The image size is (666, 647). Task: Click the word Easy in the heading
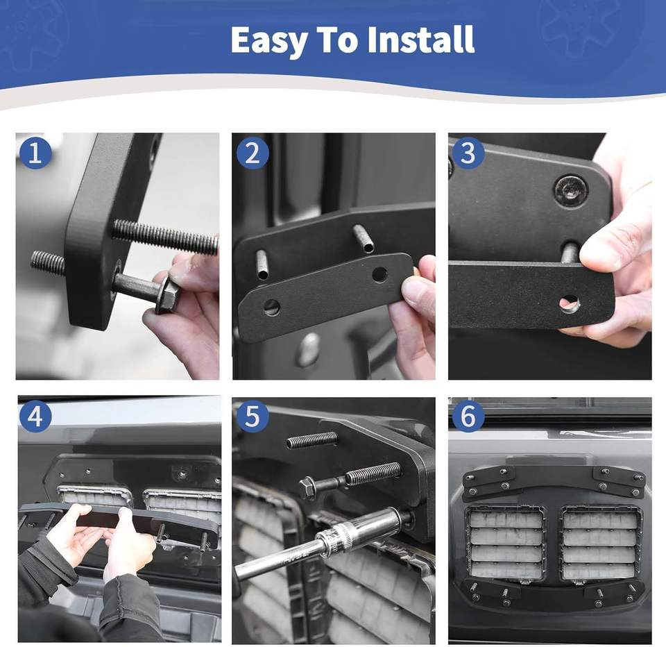tap(268, 40)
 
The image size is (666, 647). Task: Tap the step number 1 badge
tap(35, 153)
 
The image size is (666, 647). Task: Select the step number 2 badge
tap(253, 153)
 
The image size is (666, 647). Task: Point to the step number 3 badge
tap(468, 153)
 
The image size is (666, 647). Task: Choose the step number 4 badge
tap(35, 416)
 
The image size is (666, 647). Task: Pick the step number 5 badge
tap(253, 416)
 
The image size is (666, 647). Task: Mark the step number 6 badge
tap(468, 416)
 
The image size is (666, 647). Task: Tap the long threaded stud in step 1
tap(165, 237)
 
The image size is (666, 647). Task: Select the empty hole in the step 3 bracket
tap(570, 303)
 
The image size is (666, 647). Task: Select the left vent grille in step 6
tap(506, 544)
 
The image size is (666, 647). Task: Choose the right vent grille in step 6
tap(600, 544)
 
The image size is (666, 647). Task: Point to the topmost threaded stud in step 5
tap(312, 440)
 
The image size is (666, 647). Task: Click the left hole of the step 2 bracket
tap(271, 307)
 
